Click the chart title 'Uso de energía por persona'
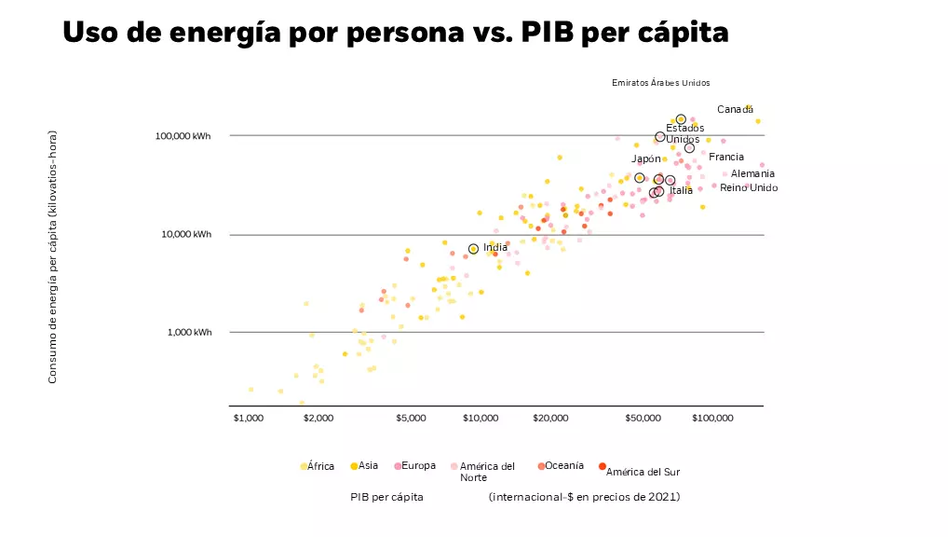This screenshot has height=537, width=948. click(x=395, y=33)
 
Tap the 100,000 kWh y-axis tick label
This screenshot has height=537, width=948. click(x=183, y=136)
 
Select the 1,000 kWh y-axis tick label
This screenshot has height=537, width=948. click(x=188, y=333)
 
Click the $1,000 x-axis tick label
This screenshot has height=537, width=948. click(x=250, y=419)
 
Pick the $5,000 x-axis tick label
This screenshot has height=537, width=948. click(x=411, y=419)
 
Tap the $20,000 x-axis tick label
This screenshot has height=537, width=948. click(x=550, y=419)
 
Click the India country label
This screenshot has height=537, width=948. click(x=495, y=247)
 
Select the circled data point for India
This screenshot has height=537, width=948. click(x=473, y=249)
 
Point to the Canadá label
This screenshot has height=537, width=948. click(x=735, y=110)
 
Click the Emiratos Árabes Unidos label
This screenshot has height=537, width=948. click(x=660, y=83)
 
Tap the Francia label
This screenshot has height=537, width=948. click(x=726, y=158)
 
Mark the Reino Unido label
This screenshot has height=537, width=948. click(x=749, y=188)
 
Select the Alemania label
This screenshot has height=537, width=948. click(x=752, y=174)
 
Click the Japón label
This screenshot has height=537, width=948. click(x=646, y=158)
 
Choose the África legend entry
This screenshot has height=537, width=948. click(x=318, y=466)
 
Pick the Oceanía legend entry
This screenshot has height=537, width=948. click(x=562, y=465)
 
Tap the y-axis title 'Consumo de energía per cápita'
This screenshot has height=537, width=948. click(x=53, y=256)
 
